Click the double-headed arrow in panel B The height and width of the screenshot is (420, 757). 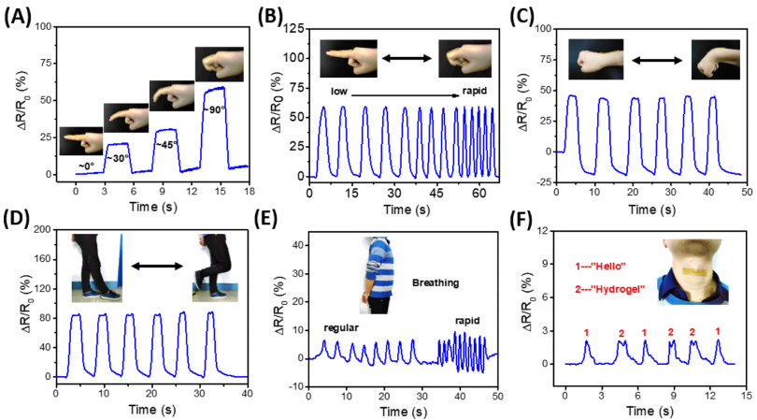click(x=407, y=59)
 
